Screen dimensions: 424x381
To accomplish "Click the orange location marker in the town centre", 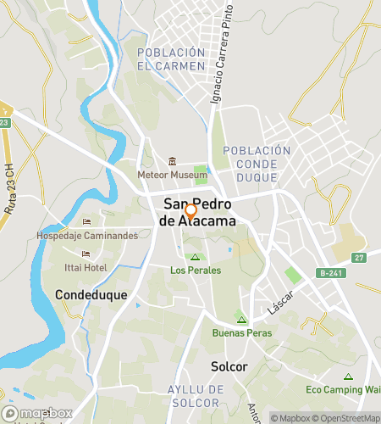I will (x=190, y=212).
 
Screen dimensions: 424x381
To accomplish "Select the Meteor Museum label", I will (x=172, y=175).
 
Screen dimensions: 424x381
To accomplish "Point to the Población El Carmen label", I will (x=171, y=59).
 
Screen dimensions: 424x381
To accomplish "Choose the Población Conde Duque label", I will (x=256, y=164).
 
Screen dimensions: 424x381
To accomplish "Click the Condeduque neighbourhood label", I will (x=91, y=295).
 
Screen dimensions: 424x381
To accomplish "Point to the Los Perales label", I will (x=196, y=271).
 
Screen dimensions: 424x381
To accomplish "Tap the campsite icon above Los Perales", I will (x=196, y=257).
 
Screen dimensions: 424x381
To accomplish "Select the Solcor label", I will (x=229, y=367).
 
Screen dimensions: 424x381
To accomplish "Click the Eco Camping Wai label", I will (x=343, y=390).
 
